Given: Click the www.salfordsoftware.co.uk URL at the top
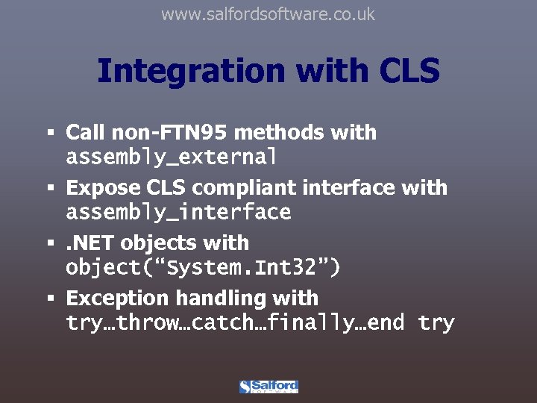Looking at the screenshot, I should [x=268, y=14].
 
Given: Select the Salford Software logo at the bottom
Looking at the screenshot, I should [x=268, y=387].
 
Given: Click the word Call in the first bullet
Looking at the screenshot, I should [x=85, y=133].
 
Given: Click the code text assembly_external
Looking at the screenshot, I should [x=172, y=157].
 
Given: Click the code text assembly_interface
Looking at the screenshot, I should [x=178, y=213].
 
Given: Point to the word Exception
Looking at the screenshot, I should [x=117, y=298].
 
